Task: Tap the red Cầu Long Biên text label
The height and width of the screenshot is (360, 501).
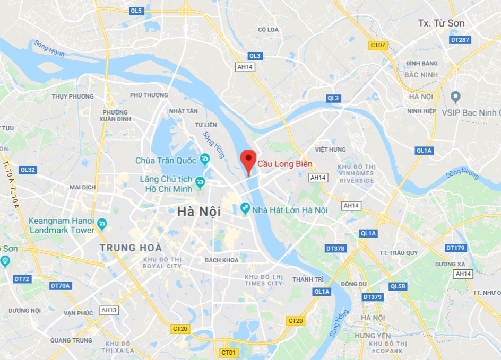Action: tap(285, 164)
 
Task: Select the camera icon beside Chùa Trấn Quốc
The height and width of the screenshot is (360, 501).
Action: tap(205, 160)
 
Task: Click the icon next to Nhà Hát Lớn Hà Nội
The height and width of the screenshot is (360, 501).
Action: tap(245, 209)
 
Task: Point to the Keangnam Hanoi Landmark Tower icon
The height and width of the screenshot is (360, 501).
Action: tap(102, 224)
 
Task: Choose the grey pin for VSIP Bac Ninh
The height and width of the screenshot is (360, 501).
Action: tap(455, 97)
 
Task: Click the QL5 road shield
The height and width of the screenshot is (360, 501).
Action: tap(136, 11)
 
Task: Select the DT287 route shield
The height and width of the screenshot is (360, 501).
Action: tap(460, 40)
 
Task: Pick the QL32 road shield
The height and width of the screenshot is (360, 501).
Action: tap(27, 170)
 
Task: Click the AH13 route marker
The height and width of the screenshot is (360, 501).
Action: tap(109, 310)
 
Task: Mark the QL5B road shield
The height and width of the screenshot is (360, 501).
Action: tap(398, 286)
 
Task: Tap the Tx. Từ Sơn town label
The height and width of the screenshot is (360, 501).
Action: tap(441, 23)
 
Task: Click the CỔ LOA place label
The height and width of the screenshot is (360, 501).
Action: tap(268, 30)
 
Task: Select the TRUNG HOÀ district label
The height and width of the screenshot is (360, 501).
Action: tap(131, 247)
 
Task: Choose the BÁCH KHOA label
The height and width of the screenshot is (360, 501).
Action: tap(222, 260)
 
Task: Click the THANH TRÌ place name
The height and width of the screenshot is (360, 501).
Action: tap(308, 279)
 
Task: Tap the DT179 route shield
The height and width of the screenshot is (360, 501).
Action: tap(455, 248)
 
